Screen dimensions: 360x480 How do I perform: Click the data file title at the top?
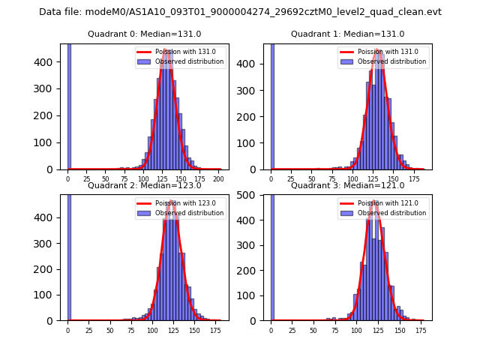pyautogui.click(x=240, y=12)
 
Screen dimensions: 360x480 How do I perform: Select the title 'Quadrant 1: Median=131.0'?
pyautogui.click(x=347, y=34)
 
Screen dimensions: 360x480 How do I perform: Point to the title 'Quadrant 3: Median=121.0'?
pyautogui.click(x=347, y=185)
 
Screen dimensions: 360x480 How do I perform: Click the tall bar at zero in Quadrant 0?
pyautogui.click(x=69, y=105)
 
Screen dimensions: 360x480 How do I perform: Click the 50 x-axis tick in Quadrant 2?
pyautogui.click(x=110, y=330)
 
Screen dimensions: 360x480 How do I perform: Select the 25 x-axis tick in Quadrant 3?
pyautogui.click(x=292, y=330)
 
